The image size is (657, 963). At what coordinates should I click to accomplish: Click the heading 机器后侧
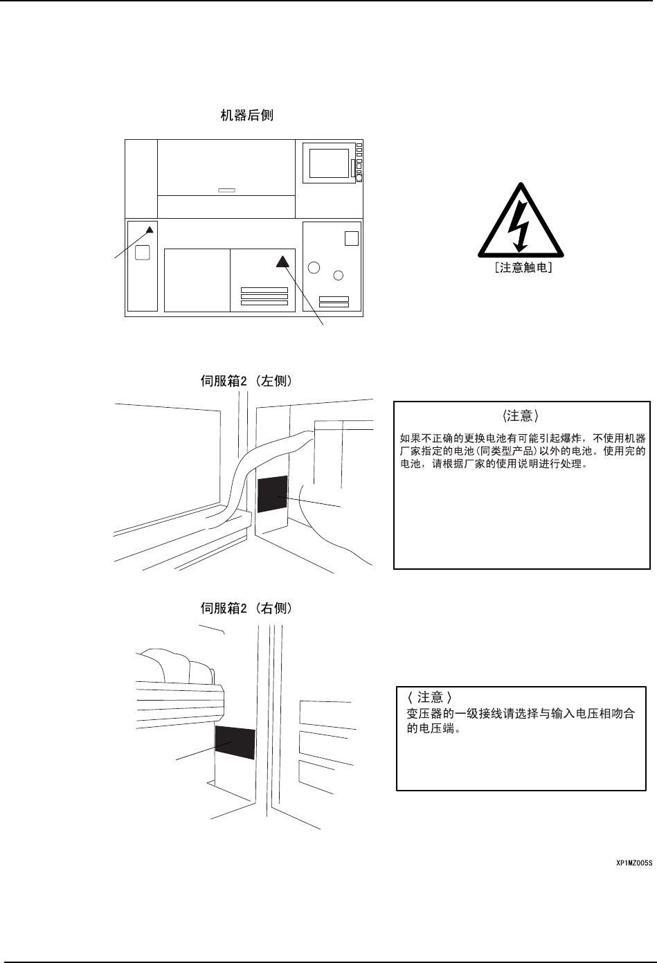point(246,115)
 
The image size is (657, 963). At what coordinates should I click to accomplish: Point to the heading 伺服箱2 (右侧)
point(246,609)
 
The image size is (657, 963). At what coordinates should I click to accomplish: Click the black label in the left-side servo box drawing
point(273,494)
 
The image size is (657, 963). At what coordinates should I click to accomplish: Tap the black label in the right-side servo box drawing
point(235,743)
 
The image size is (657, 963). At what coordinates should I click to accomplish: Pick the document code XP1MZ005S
point(634,863)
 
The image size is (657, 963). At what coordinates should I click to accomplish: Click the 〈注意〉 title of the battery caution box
point(521,416)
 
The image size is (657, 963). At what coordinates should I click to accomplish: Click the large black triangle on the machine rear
point(282,262)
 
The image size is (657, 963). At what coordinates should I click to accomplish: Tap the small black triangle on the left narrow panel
point(149,229)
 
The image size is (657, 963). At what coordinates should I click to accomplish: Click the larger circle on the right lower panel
point(314,268)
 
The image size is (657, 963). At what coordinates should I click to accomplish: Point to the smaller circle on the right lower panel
point(338,276)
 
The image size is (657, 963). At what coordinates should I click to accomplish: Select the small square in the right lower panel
point(351,238)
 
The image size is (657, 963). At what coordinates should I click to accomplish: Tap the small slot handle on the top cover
point(226,190)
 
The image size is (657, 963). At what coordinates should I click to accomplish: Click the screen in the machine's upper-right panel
point(329,163)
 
